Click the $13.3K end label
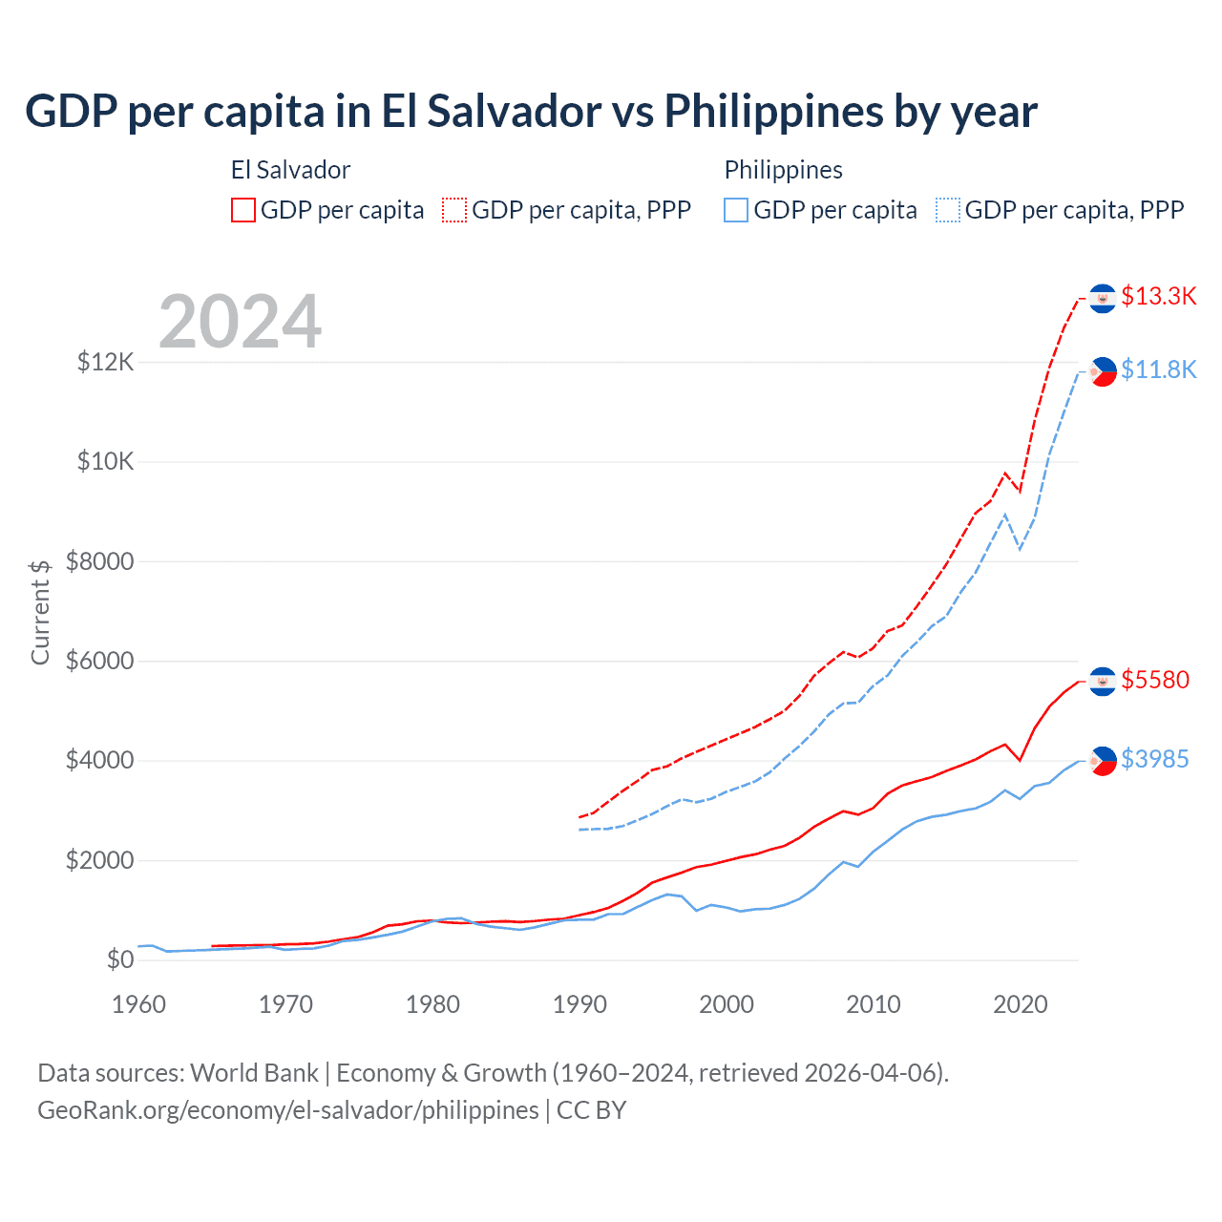[1158, 296]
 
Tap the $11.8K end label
[1158, 369]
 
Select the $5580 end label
[1155, 680]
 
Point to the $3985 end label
[1155, 759]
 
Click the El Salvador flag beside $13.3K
[1103, 299]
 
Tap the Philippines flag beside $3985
[1103, 761]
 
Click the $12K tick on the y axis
[106, 362]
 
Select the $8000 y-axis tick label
[100, 561]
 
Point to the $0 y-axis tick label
[120, 959]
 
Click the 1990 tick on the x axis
[579, 1004]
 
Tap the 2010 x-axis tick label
[874, 1004]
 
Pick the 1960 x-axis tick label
[139, 1004]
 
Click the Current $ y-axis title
[40, 612]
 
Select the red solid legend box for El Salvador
[243, 210]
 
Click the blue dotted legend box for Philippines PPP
[948, 210]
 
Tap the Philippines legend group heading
[783, 170]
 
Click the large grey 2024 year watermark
[240, 322]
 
